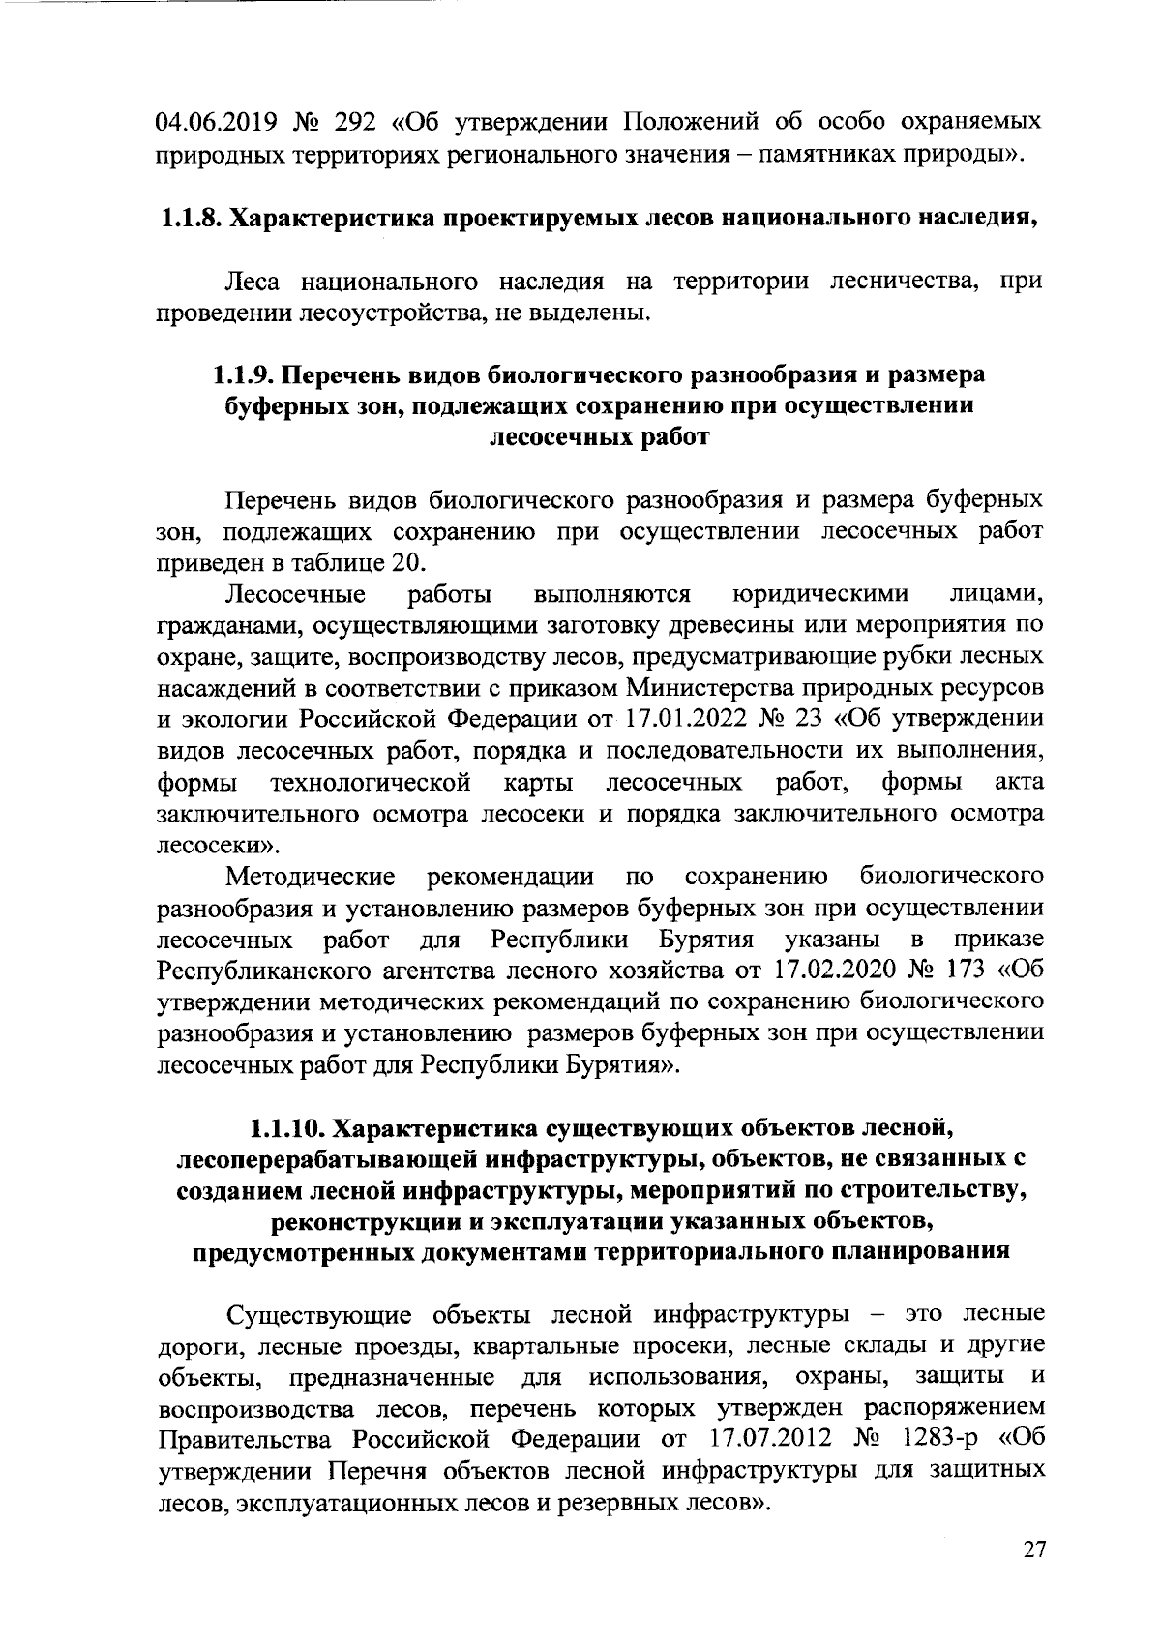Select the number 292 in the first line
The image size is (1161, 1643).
355,123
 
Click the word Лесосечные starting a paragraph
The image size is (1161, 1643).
295,593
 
